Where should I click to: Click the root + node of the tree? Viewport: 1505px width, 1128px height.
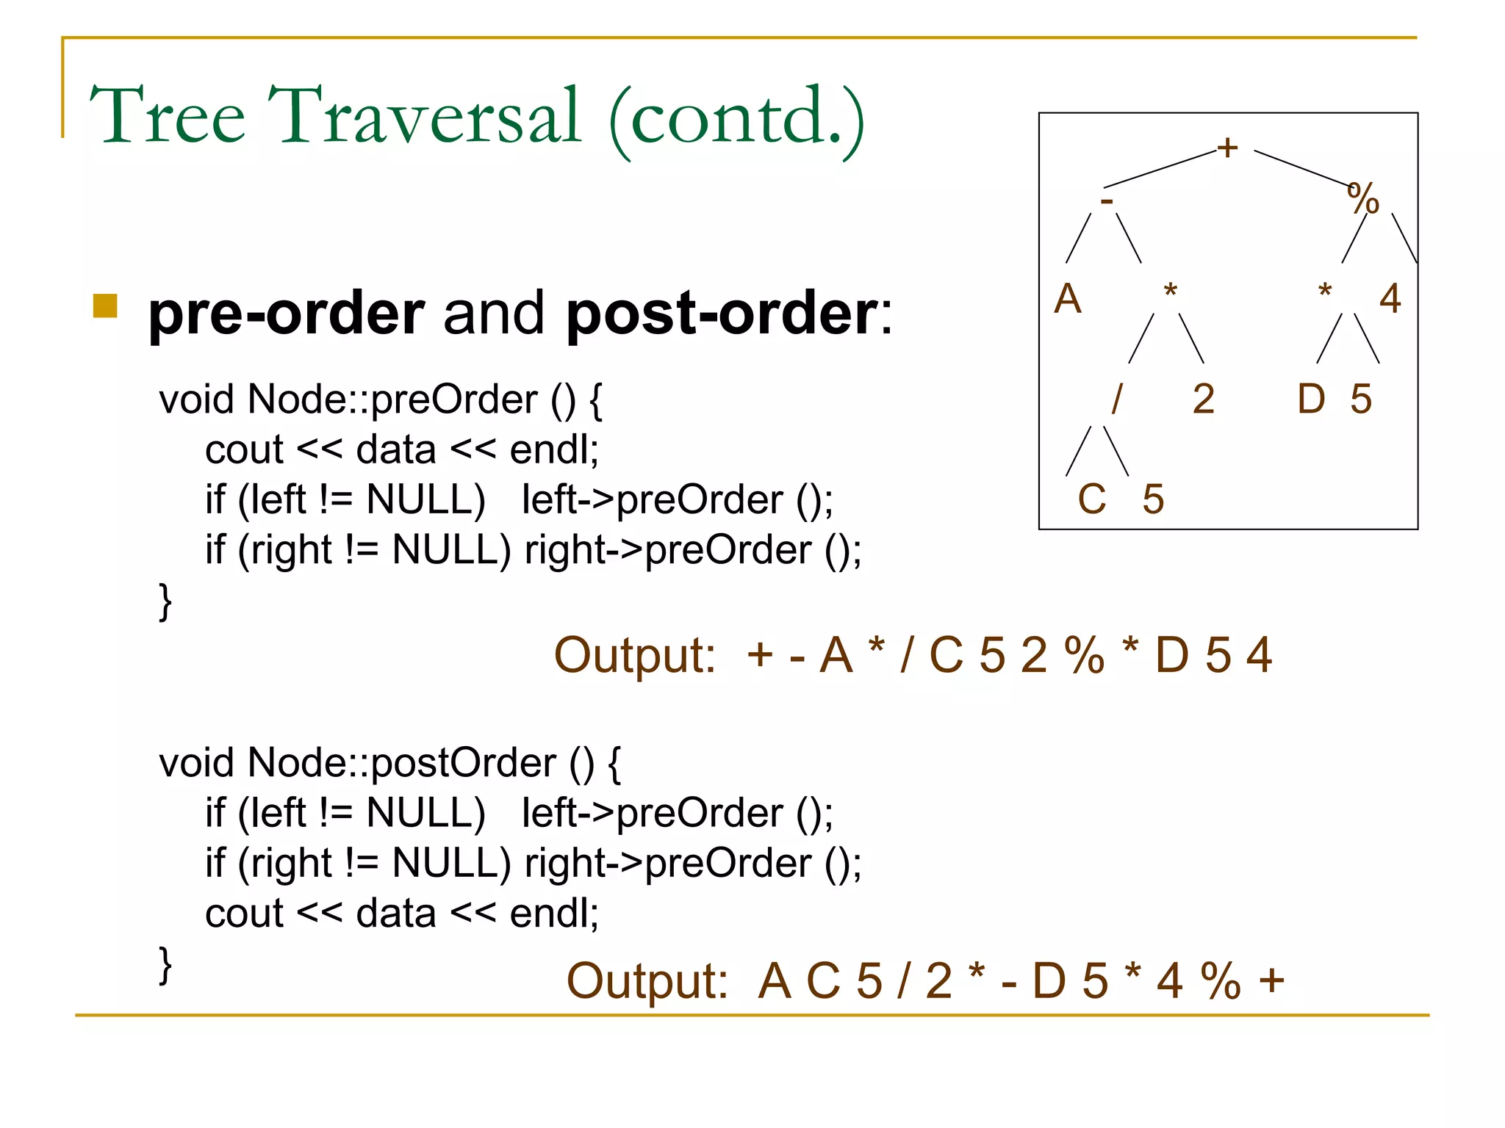[1226, 148]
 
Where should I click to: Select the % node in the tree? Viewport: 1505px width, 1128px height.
[1363, 199]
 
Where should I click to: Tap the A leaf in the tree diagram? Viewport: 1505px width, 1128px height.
[1067, 299]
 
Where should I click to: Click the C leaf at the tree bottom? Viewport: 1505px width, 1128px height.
[1091, 499]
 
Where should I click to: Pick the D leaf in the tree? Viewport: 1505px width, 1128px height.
[1311, 399]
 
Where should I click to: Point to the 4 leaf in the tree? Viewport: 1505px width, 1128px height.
[1390, 299]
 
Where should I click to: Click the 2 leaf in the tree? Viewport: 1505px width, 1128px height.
[1203, 399]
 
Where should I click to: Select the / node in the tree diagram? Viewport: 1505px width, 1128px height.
[1117, 399]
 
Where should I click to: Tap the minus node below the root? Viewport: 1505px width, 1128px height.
[1107, 200]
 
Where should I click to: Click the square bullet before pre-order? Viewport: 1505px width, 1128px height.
[105, 305]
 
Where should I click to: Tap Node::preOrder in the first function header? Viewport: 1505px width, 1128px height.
[392, 400]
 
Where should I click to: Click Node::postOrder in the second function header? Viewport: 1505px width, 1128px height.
[401, 763]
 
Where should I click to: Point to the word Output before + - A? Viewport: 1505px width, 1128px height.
[634, 655]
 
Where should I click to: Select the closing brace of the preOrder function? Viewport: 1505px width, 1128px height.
[165, 601]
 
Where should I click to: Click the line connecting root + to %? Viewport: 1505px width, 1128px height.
[1301, 167]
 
